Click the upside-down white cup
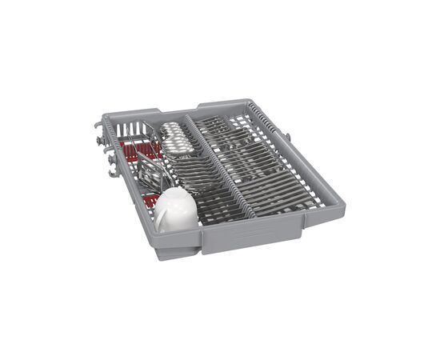click(x=175, y=210)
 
